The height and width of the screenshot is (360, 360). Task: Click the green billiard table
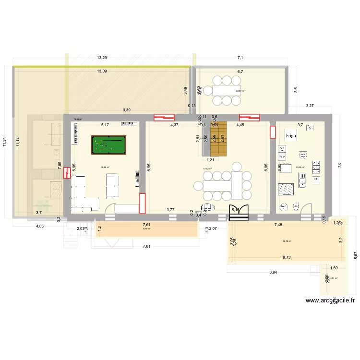108,144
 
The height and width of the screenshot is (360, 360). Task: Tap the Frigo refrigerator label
290,136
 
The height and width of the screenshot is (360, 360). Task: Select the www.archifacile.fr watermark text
330,301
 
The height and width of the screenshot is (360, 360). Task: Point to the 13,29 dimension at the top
102,58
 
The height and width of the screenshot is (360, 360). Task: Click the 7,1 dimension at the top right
240,58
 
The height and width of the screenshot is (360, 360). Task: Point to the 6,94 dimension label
274,273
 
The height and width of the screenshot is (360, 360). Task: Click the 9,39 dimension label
127,110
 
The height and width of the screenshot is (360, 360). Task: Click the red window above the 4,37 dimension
163,117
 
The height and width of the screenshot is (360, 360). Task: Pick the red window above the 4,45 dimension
249,117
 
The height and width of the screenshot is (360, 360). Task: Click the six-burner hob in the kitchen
316,167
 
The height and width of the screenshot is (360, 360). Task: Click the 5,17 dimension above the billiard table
105,125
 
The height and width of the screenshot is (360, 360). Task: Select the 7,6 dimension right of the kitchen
339,165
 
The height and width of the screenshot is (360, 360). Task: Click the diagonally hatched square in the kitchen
286,189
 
